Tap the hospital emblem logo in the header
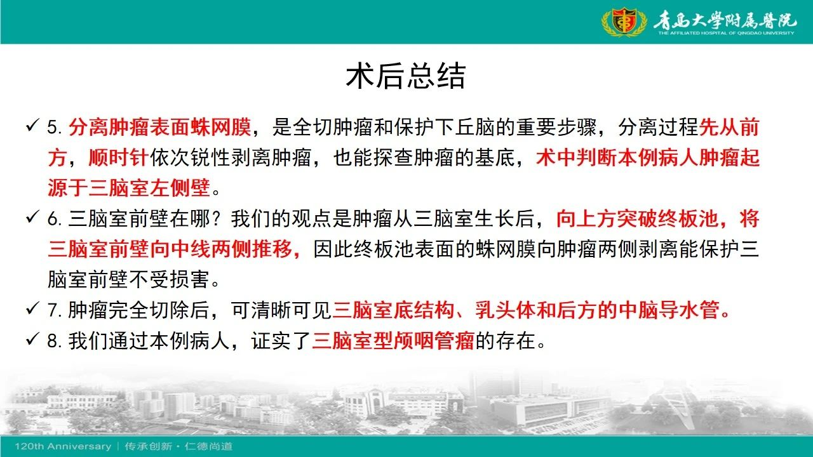624,22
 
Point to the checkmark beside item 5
32,126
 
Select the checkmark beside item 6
32,217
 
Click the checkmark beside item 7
32,308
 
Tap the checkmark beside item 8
32,339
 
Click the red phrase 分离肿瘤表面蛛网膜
159,128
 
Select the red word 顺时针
119,158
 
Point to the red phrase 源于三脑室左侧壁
129,188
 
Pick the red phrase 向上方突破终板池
637,219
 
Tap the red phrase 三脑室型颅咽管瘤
393,341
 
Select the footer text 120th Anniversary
63,446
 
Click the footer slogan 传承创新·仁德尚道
178,446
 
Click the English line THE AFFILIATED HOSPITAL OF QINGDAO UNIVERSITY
726,33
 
